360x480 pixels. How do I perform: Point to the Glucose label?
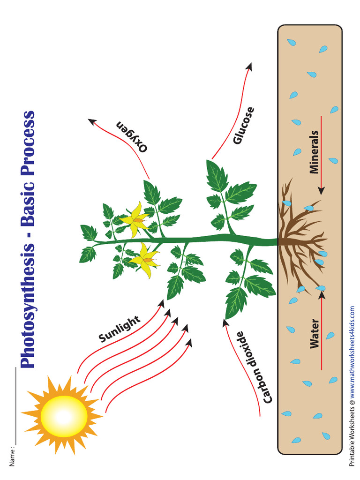244,126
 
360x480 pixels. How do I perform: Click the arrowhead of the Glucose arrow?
249,67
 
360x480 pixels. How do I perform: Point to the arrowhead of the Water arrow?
321,294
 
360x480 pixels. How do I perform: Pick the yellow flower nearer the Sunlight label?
146,259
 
